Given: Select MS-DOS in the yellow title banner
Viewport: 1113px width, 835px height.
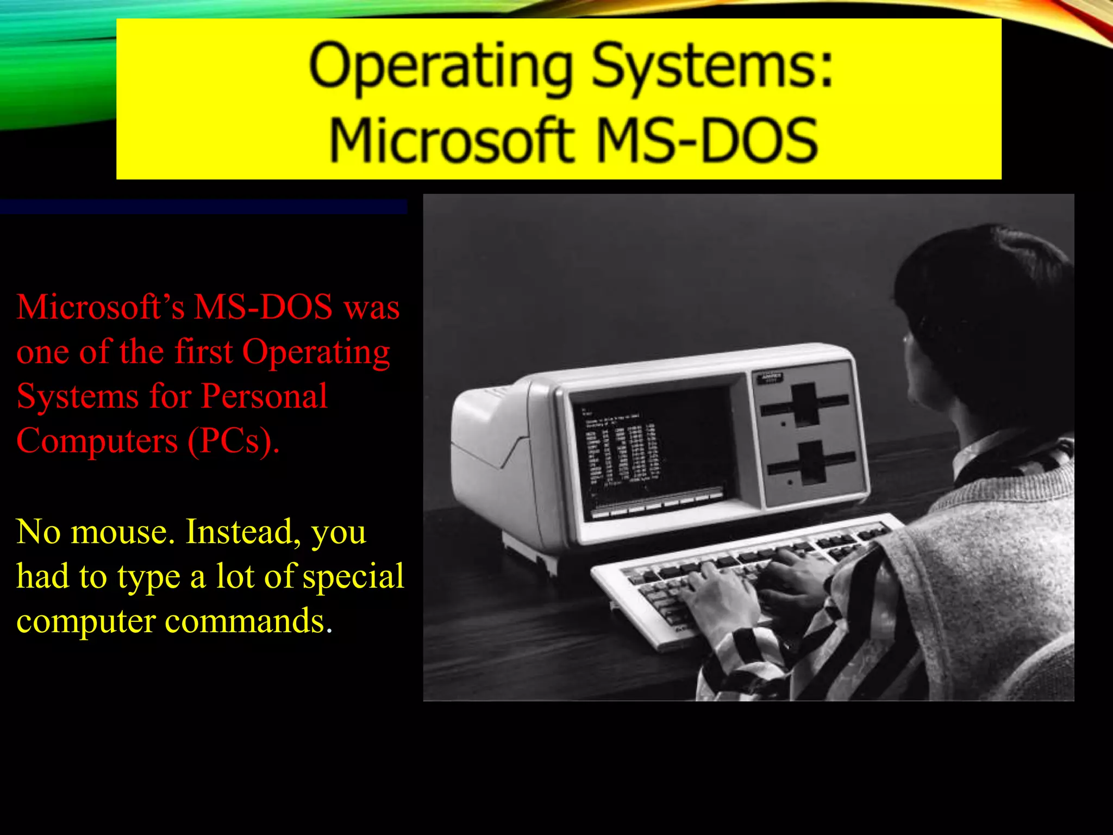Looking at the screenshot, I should (706, 140).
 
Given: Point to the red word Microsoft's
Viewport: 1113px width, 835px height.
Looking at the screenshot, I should (101, 307).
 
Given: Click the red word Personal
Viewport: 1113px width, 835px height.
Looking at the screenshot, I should (264, 396).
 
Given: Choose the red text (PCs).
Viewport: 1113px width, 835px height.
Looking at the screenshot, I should (234, 440).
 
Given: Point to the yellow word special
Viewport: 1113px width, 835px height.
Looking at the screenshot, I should (354, 577).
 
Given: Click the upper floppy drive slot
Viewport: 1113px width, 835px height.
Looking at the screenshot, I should (805, 405).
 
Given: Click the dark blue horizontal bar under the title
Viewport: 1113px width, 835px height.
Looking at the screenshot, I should (203, 207).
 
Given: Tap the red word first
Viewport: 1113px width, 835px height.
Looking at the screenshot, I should (204, 352).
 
